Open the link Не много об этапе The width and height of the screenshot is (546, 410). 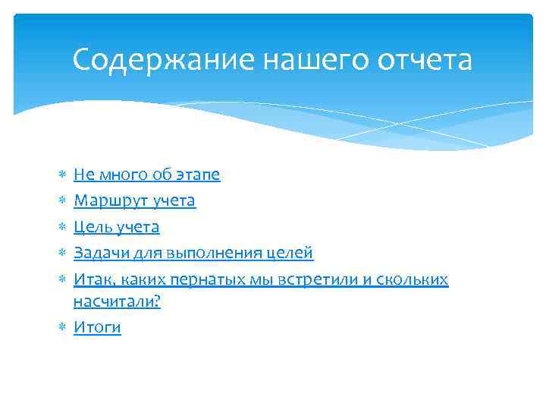146,175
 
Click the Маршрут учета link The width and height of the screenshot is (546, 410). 134,201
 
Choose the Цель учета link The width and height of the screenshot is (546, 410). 116,227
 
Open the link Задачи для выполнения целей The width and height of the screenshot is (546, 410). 193,253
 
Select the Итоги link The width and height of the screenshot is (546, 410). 97,327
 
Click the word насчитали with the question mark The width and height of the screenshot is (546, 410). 118,301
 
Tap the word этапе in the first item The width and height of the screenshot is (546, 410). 199,175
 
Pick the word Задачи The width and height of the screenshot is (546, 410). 99,253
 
